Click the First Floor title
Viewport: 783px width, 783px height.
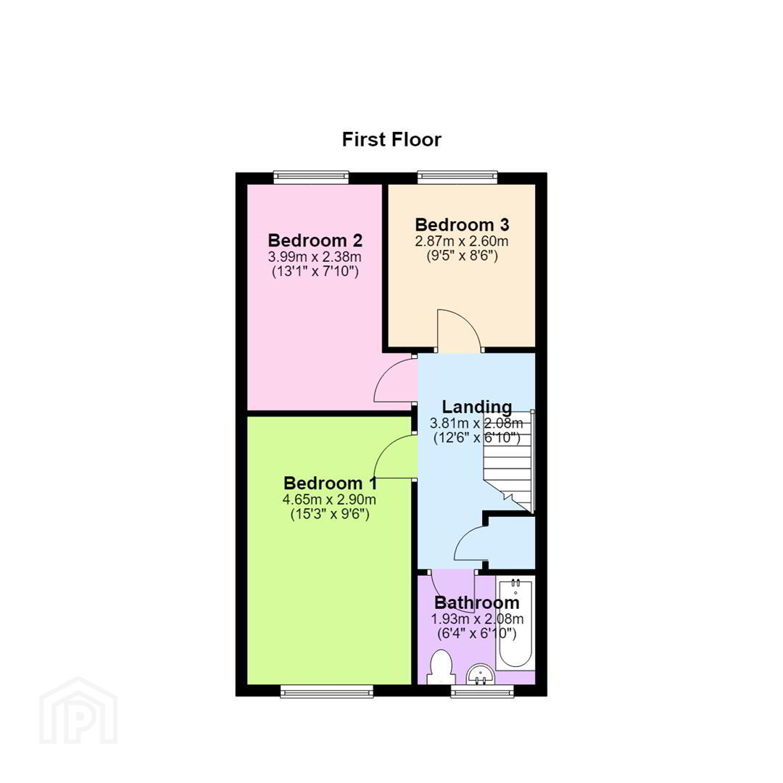coord(391,139)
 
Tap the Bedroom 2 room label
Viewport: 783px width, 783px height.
coord(315,240)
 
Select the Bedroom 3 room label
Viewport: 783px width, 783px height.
coord(462,225)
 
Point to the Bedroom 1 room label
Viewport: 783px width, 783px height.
coord(330,483)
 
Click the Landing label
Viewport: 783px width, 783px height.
coord(477,407)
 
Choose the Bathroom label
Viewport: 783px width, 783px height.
coord(477,602)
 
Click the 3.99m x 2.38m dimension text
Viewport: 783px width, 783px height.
coord(315,257)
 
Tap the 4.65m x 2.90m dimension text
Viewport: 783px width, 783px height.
coord(330,499)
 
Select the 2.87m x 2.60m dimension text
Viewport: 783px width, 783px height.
coord(462,241)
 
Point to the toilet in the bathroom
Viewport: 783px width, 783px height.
coord(441,667)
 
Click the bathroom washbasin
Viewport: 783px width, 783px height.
coord(481,674)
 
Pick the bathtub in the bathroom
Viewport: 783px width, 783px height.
coord(515,623)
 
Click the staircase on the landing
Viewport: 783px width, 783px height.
coord(508,462)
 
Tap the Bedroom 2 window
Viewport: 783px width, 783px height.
coord(311,178)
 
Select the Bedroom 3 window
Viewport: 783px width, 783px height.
coord(458,178)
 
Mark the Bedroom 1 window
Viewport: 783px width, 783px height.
coord(327,691)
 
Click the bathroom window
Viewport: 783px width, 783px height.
coord(482,691)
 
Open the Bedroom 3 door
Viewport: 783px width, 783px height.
coord(460,331)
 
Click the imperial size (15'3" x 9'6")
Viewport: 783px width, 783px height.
coord(330,514)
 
